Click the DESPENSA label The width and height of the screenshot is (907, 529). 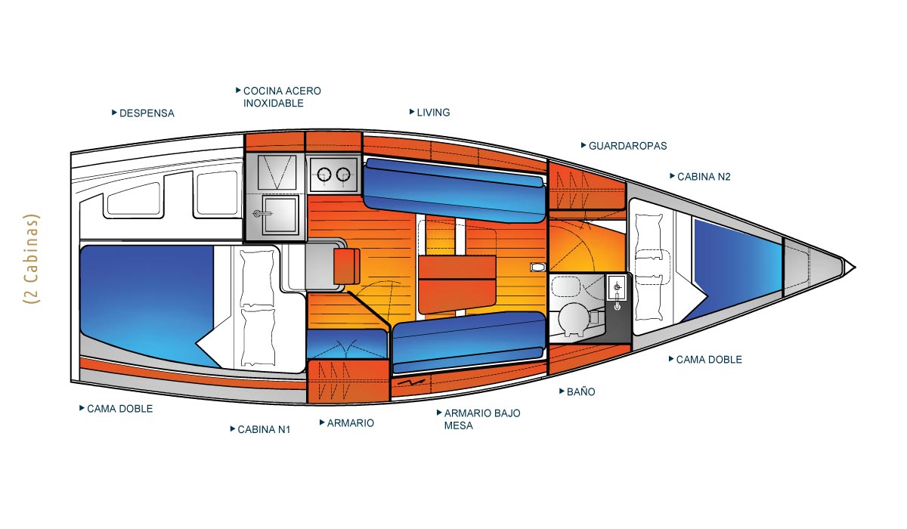pos(147,113)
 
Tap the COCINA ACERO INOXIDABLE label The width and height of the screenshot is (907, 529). pos(282,97)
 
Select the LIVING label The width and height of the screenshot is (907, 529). pos(433,113)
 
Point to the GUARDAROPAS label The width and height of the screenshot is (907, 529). pos(627,146)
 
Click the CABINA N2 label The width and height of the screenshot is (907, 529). pos(704,177)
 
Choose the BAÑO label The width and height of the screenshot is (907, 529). pos(580,392)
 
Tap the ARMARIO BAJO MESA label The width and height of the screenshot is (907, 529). pos(481,419)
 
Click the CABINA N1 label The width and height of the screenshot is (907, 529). pos(264,429)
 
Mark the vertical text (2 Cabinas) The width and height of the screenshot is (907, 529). pos(32,258)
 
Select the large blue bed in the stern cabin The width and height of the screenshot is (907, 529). pos(144,302)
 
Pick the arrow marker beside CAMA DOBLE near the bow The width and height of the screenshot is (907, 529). pos(671,359)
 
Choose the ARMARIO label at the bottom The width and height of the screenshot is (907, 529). pos(350,423)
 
